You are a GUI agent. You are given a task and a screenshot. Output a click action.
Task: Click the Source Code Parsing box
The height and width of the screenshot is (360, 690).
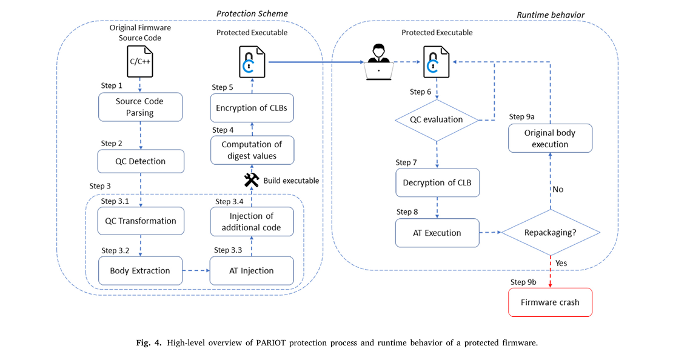pos(140,107)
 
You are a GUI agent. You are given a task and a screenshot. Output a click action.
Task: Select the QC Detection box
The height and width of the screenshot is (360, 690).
pos(140,162)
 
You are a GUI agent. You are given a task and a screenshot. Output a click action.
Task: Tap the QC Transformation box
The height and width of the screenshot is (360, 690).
pos(140,221)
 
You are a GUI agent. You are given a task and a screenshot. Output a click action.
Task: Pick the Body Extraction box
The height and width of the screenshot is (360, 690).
pos(140,270)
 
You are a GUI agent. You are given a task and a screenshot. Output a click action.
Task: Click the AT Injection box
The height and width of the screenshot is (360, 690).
pos(252,270)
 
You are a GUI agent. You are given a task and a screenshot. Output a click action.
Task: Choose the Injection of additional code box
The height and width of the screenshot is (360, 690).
pos(252,222)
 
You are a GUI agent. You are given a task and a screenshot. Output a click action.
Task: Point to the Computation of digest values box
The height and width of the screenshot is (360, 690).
pos(252,150)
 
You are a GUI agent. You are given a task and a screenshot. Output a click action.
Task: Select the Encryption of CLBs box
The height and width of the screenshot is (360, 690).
pos(252,108)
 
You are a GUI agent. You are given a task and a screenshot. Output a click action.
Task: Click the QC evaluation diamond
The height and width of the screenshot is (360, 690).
pos(437,119)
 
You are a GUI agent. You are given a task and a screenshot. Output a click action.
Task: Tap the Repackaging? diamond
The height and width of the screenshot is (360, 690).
pos(551,233)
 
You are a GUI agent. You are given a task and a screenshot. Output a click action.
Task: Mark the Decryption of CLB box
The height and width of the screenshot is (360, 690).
pos(437,182)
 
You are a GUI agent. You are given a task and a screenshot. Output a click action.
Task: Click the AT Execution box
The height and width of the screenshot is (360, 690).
pos(437,233)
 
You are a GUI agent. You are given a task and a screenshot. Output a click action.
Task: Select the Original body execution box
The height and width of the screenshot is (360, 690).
pos(550,138)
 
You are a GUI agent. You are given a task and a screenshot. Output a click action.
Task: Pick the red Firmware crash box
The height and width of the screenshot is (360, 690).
pos(550,302)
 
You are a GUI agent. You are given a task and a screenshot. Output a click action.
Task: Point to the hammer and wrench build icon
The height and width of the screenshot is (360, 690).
pos(252,180)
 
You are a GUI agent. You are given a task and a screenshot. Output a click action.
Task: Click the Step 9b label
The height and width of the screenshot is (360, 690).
pos(523,282)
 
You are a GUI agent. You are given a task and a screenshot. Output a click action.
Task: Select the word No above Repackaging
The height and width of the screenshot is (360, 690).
pos(558,190)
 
